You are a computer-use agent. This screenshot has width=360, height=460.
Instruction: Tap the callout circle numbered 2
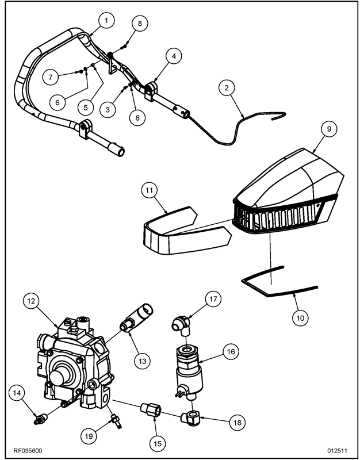point(227,88)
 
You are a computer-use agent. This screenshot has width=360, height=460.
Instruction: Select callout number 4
point(174,56)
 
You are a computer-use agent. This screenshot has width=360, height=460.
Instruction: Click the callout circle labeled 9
point(325,129)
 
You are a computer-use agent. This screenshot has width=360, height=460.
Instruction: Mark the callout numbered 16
point(231,351)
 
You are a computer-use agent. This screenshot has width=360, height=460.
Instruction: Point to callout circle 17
point(213,299)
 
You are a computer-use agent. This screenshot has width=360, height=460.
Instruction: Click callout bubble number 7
point(52,76)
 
